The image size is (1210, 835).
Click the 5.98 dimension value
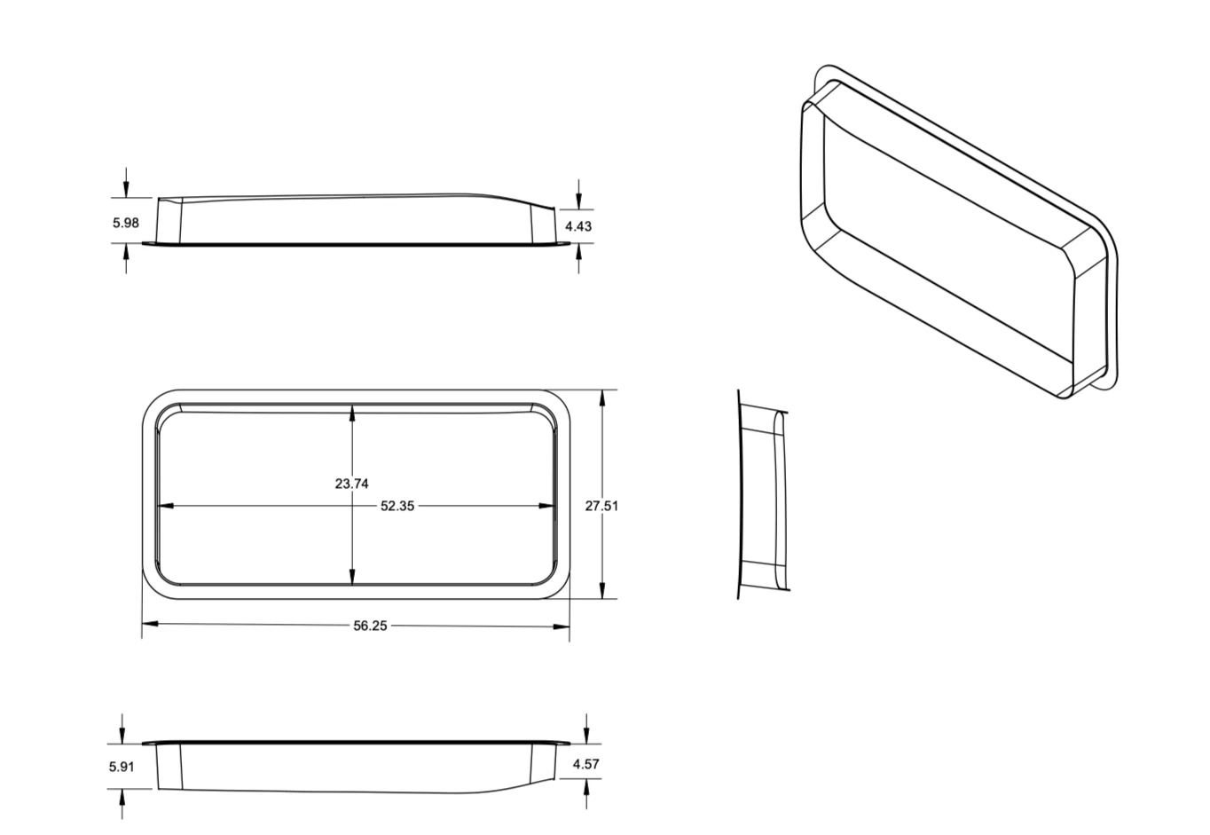(125, 223)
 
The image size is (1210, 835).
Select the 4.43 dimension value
(578, 226)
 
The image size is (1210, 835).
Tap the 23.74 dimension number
(351, 484)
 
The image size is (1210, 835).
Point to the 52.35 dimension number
(397, 506)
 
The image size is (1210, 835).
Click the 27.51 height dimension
(601, 506)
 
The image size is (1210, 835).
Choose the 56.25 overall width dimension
(370, 626)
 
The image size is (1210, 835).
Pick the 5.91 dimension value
(122, 766)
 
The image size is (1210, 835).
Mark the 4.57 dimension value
(586, 764)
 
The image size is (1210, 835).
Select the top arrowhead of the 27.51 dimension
(603, 398)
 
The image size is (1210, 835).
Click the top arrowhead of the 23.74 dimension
(353, 413)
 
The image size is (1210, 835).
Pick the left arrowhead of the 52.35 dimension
(165, 506)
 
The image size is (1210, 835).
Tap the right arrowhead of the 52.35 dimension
(547, 506)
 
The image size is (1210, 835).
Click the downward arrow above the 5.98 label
(126, 188)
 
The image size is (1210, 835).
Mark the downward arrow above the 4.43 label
(578, 198)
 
